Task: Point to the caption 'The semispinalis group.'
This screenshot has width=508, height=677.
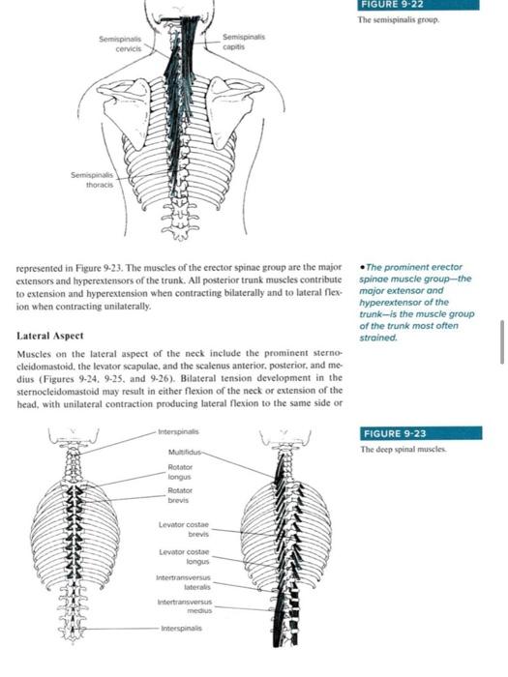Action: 399,19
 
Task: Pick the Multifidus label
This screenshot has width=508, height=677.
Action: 186,451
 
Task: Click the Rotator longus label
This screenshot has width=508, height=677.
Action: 181,471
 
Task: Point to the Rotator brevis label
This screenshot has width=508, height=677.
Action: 181,496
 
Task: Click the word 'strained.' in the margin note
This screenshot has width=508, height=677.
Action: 379,338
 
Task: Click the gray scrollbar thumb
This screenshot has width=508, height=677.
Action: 500,343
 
